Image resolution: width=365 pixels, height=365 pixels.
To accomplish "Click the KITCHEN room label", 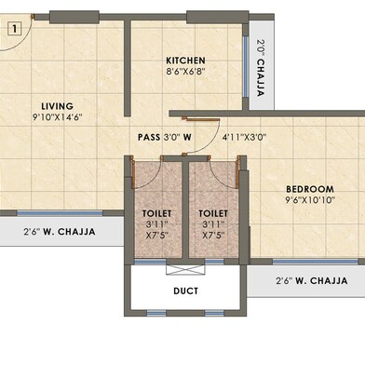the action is (x=185, y=61).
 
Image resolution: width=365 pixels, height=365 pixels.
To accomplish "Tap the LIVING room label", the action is (x=58, y=106).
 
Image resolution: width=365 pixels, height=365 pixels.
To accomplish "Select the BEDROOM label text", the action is (x=310, y=189).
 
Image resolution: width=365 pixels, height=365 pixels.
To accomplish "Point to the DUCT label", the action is (x=185, y=291).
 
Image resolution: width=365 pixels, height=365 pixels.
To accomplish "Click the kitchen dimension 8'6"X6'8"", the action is (x=185, y=72).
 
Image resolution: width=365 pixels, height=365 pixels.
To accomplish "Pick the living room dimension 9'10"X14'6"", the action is (x=58, y=117).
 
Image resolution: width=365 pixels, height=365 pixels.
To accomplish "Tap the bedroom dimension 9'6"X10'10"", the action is (x=310, y=200).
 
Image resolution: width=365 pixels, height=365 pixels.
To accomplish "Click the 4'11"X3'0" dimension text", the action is (x=244, y=137).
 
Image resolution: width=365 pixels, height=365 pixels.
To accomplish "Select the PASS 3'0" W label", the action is (x=165, y=137).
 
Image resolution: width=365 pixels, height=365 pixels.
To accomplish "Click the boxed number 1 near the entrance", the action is (x=14, y=29).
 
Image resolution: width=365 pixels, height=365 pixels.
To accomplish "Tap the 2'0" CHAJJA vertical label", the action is (x=261, y=67).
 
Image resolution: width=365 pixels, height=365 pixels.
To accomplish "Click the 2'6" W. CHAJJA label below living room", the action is (x=60, y=232).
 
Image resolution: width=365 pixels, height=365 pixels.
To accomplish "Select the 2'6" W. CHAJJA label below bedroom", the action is (x=312, y=280).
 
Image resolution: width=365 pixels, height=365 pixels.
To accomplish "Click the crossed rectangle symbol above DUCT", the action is (x=185, y=270).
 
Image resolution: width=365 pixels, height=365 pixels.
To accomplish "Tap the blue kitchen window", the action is (x=246, y=67).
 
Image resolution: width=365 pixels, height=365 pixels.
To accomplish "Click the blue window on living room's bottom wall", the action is (x=60, y=213).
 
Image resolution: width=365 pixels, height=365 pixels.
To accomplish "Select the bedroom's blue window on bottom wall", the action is (x=315, y=262).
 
